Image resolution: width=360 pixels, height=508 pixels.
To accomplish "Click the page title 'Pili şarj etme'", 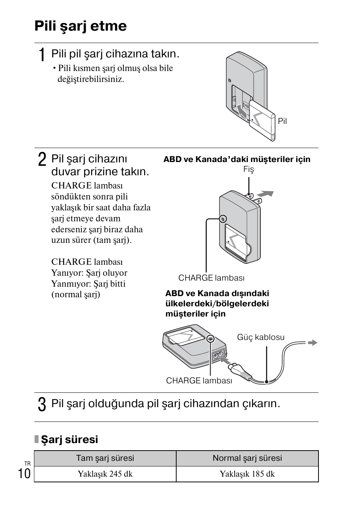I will (80, 26).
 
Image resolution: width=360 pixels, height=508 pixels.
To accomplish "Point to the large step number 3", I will (42, 404).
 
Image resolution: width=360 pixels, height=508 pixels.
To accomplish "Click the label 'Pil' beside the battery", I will (282, 121).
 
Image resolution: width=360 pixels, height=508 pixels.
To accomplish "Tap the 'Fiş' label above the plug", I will (249, 169).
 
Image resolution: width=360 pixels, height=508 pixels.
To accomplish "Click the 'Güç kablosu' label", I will (260, 337).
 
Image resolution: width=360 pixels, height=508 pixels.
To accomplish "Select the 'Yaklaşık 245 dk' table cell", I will (105, 474).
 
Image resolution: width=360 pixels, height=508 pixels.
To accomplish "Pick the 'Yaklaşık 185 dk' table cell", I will (247, 474).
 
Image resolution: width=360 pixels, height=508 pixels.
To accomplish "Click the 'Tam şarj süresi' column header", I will (105, 458).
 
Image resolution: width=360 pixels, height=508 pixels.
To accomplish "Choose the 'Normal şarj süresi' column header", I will (247, 458).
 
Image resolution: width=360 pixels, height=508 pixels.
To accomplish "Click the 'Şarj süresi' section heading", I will (69, 439).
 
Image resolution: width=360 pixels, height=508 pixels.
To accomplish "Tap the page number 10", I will (24, 474).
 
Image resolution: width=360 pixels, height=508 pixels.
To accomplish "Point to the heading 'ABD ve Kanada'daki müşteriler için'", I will (237, 159).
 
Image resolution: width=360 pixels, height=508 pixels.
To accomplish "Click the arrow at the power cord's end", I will (312, 343).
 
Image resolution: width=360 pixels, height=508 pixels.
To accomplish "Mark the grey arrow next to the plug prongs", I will (266, 194).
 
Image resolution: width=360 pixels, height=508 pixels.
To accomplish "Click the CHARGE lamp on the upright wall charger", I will (223, 219).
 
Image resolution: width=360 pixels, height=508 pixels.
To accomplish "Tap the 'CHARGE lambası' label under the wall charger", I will (211, 278).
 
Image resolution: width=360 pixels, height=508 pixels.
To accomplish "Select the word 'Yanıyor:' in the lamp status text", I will (67, 273).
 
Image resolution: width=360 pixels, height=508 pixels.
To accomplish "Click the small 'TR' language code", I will (27, 463).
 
